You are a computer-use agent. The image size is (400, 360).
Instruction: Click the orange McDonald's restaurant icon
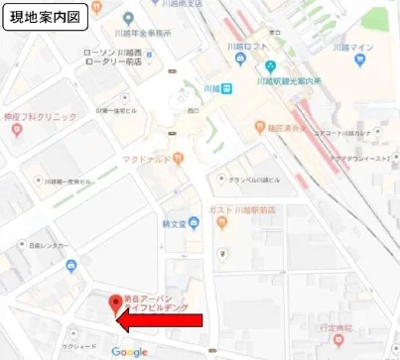(178, 157)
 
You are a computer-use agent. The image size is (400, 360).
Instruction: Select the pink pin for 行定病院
(338, 340)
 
